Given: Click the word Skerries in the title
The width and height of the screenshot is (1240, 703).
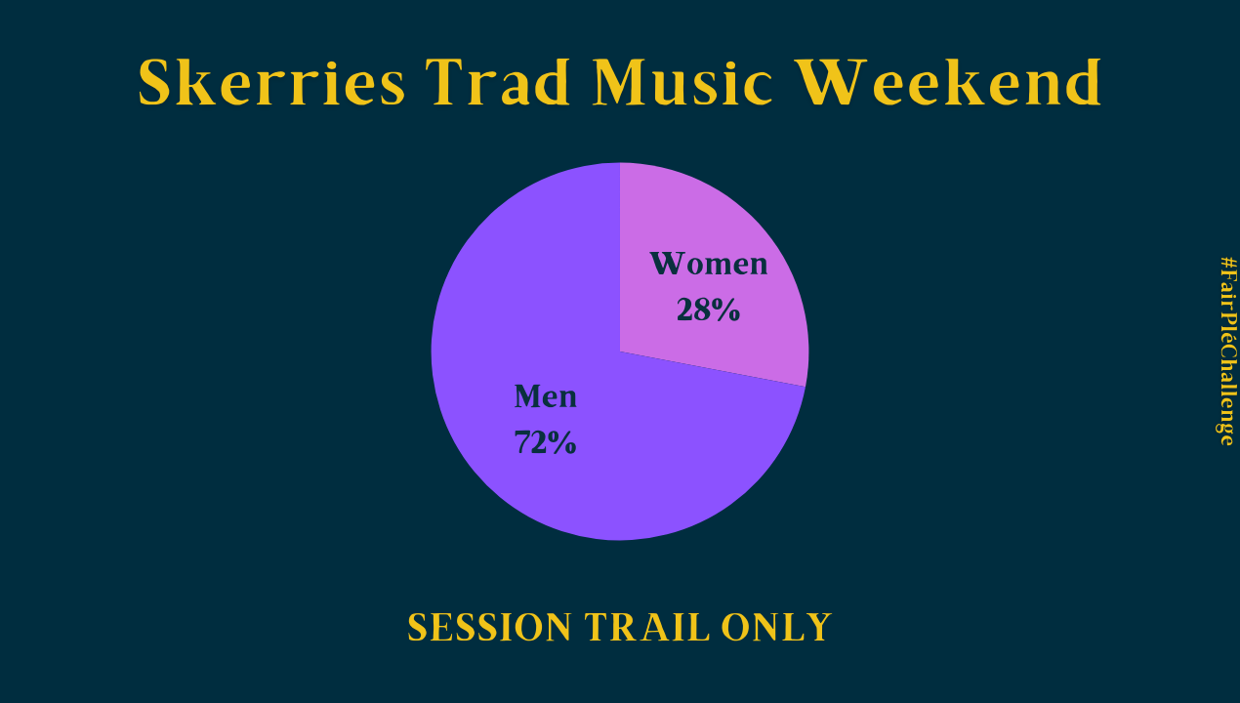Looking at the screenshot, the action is coord(271,82).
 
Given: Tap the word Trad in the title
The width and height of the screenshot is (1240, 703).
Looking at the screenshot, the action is coord(497,82).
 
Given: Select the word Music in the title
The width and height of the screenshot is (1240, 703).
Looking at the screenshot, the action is coord(682,82).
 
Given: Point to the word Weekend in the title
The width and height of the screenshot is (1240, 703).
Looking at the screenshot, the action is coord(948,82).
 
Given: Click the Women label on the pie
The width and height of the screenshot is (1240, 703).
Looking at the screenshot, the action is coord(709,264).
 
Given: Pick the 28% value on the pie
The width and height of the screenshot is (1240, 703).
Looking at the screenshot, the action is coord(708,310).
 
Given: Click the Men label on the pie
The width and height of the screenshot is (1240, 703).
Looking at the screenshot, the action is coord(545,396).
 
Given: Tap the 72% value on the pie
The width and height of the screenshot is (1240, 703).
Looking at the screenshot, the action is coord(545,442).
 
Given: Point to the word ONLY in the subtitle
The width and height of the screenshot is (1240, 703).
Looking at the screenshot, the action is coord(776,627).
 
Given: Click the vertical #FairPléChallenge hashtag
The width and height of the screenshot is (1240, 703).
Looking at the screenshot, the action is coord(1226,351).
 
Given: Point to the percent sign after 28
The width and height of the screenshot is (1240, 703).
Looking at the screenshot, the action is coord(726,310).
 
